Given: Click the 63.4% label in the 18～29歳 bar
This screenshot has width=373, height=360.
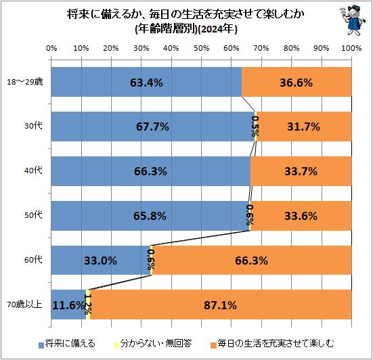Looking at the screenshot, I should pos(146,83).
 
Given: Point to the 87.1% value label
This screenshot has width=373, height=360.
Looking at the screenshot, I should pos(220,305).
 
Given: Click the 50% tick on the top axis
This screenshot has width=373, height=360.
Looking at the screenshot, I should pos(201,49).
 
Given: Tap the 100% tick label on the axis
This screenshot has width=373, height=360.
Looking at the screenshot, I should pos(351,49).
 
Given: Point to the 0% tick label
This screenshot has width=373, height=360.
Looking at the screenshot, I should pos(51,49).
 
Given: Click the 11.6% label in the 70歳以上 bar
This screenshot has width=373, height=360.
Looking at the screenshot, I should pos(68,305).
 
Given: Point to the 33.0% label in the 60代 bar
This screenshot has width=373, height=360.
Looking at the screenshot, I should pos(100,261).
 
